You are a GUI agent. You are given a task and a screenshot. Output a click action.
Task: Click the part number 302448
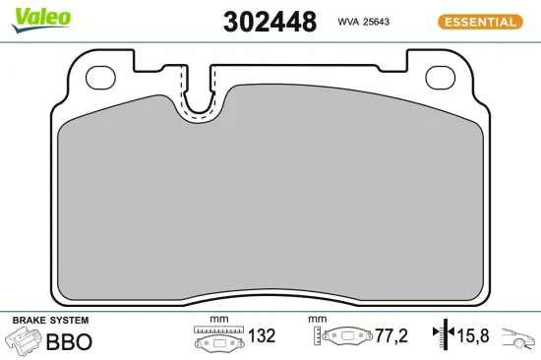pyautogui.click(x=270, y=22)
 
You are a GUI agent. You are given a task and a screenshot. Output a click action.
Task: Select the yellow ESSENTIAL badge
pyautogui.click(x=481, y=22)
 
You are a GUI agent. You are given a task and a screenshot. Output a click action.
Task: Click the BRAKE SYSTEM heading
pyautogui.click(x=50, y=321)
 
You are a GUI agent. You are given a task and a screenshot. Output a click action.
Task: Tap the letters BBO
pyautogui.click(x=70, y=341)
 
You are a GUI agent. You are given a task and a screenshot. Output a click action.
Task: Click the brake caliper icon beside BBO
pyautogui.click(x=23, y=341)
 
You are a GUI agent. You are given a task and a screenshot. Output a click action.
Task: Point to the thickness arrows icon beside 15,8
pyautogui.click(x=443, y=336)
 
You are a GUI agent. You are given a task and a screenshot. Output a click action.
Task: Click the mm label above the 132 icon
pyautogui.click(x=218, y=319)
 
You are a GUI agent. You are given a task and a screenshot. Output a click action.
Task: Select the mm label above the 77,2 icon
pyautogui.click(x=316, y=319)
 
